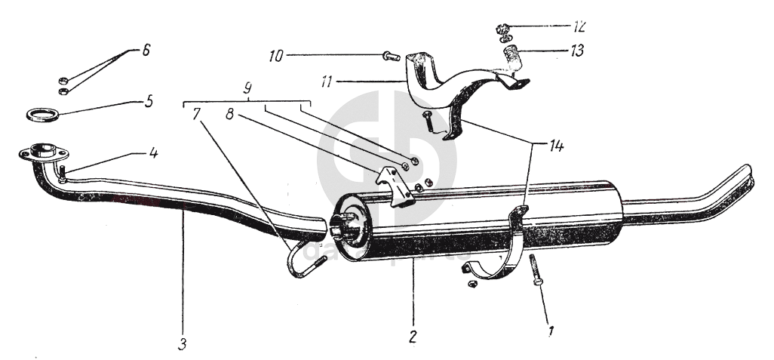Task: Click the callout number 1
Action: tap(551, 330)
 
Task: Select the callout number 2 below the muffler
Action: tap(413, 335)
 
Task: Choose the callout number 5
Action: tap(149, 100)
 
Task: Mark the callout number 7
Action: tap(197, 114)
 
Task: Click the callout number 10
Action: tap(278, 55)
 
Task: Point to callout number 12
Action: tap(579, 26)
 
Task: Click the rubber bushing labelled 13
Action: tap(513, 57)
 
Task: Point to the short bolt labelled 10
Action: tap(390, 55)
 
